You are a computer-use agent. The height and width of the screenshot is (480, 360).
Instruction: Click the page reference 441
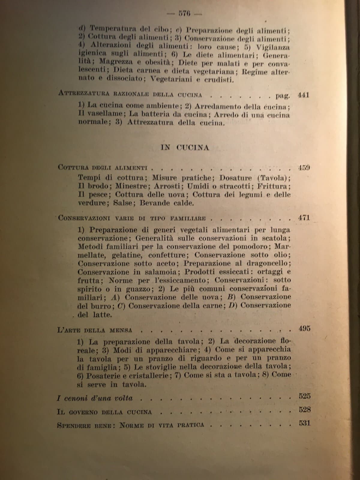pos(303,95)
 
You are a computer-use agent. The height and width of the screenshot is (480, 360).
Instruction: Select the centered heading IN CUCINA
pos(185,147)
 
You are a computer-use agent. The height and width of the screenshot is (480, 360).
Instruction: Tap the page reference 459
pos(304,167)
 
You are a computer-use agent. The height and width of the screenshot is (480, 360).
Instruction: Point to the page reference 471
pos(304,218)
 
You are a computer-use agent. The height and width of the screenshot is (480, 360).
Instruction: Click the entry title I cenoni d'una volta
pos(95,398)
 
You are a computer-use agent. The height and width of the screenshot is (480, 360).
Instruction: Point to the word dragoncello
pos(269,263)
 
